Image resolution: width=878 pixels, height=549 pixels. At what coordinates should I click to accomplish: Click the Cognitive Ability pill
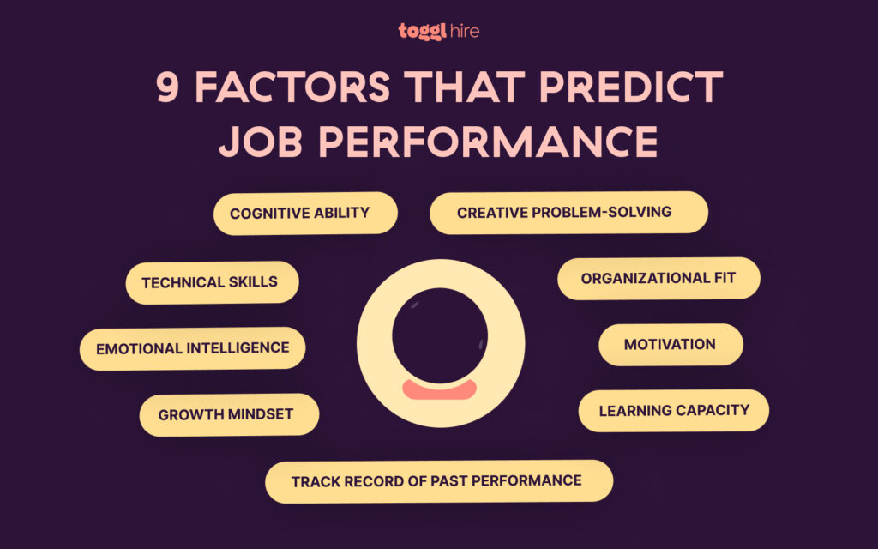coord(305,213)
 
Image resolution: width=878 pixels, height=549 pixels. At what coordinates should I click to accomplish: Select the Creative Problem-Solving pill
coord(568,212)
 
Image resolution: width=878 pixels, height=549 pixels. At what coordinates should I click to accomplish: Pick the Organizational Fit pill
coord(658,278)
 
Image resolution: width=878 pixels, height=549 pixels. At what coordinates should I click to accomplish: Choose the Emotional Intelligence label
coord(192,348)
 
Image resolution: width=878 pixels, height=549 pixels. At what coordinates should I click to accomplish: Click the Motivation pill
coord(670,344)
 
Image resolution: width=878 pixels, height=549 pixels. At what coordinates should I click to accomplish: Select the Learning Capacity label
coord(673,410)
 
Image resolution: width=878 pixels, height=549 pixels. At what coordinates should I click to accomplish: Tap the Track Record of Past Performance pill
coord(438,480)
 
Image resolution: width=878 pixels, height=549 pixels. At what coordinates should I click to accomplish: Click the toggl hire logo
coord(438,31)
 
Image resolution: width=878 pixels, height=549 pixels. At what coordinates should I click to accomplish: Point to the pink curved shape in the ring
coord(439,390)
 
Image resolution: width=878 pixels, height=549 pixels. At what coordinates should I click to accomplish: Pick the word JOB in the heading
coord(258,142)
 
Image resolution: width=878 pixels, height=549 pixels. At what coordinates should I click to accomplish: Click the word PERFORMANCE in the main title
coord(485,142)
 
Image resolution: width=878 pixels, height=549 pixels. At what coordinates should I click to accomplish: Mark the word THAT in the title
coord(459,88)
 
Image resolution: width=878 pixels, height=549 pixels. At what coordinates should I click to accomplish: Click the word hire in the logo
coord(464,31)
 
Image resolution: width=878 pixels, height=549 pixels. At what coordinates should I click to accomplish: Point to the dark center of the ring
coord(439,335)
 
